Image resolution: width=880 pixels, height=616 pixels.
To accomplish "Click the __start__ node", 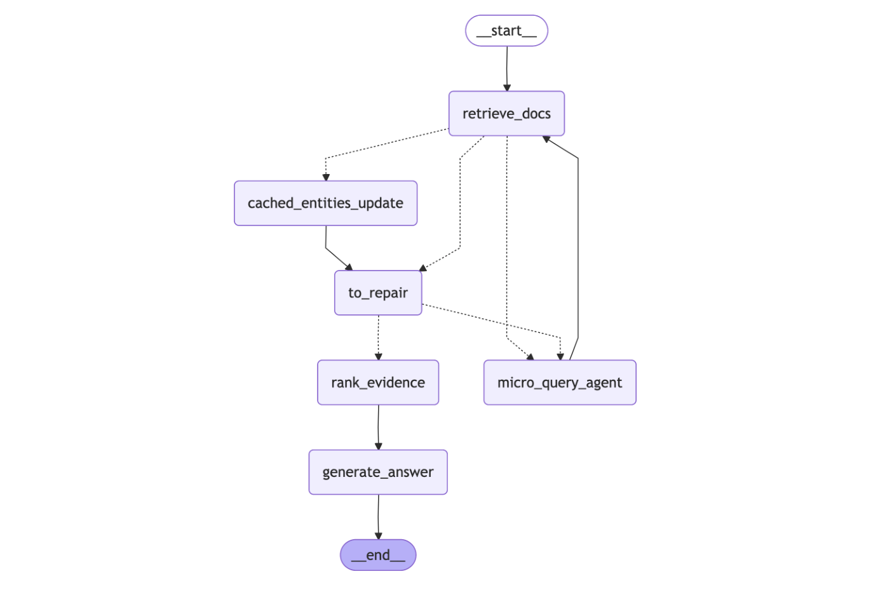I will click(x=506, y=30).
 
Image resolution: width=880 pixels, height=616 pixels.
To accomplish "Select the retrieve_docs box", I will click(x=506, y=114).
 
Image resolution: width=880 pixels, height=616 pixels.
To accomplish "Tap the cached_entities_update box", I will click(x=325, y=203).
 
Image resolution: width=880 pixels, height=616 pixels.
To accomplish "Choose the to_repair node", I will click(x=378, y=293).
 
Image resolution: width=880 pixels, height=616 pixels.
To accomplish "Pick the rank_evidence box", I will click(x=378, y=382).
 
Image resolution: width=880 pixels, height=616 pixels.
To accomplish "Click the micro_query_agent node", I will click(x=560, y=382).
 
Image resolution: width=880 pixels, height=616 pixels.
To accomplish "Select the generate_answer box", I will click(x=378, y=472).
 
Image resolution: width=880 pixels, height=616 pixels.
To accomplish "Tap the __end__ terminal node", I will click(x=378, y=555).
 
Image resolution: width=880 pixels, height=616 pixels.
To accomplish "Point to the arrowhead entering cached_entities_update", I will click(x=326, y=177).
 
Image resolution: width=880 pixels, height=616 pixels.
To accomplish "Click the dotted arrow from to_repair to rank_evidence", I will click(x=379, y=337).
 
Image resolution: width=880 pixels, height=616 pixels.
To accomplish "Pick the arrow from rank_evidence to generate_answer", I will click(x=379, y=427).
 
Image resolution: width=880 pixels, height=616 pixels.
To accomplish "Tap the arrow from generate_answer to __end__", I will click(x=379, y=516).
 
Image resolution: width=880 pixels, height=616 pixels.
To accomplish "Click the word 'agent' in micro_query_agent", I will click(x=604, y=383).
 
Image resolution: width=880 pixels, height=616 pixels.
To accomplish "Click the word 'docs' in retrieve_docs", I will click(x=536, y=114).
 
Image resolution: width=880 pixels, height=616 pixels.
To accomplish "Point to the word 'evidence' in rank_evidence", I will click(x=396, y=382).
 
